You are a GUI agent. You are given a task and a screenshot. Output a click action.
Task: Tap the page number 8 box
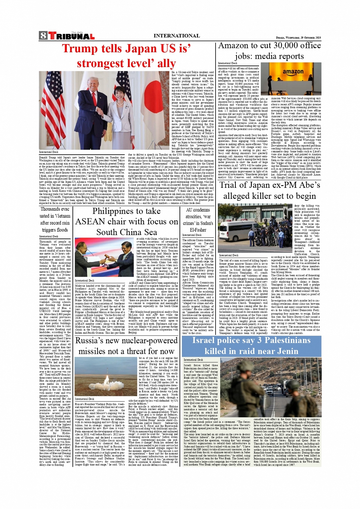pyautogui.click(x=43, y=36)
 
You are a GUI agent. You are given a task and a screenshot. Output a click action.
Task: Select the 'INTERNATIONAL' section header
pyautogui.click(x=176, y=36)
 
